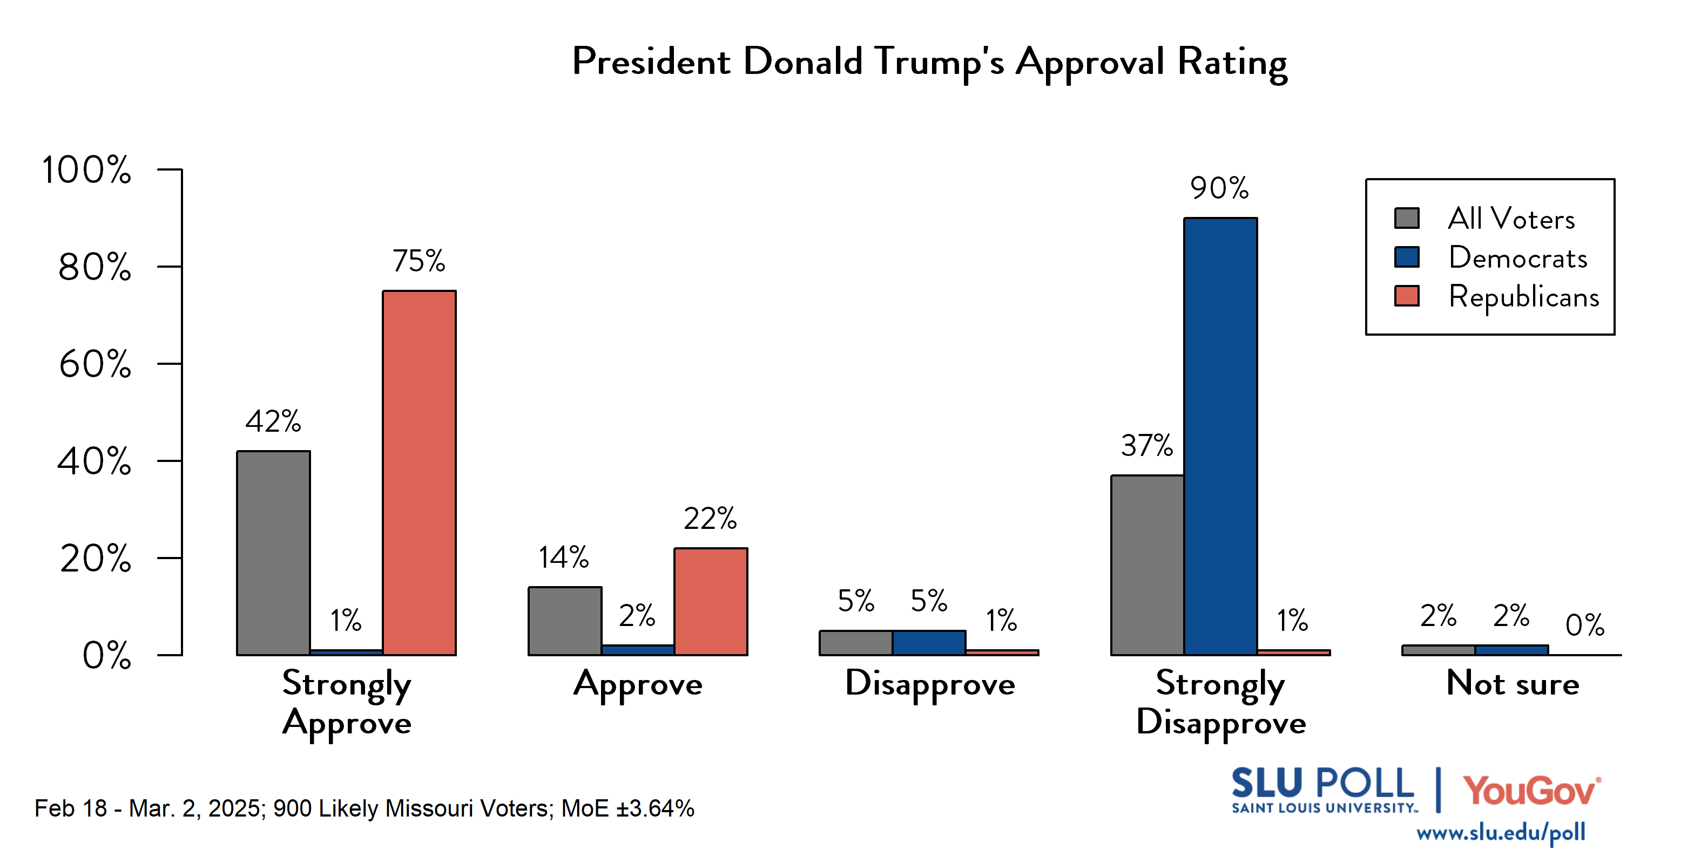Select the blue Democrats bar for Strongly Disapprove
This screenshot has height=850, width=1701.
click(1220, 436)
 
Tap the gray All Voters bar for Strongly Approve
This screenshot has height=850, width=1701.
click(273, 553)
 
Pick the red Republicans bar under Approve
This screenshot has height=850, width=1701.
click(711, 601)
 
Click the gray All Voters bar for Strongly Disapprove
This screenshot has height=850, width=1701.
click(1147, 565)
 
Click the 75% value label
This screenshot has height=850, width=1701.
click(418, 261)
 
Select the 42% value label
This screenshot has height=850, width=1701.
click(273, 421)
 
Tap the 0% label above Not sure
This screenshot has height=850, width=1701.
click(1584, 625)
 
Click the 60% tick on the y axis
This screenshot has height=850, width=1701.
click(95, 364)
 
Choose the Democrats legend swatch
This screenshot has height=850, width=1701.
click(1407, 257)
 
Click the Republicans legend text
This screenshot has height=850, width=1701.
click(1523, 297)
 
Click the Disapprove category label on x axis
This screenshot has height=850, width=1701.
click(930, 684)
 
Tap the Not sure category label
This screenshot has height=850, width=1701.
click(1512, 683)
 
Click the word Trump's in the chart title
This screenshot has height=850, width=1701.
click(940, 62)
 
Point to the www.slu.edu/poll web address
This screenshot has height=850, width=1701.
click(1500, 833)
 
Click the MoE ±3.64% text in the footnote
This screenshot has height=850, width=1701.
click(627, 808)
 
